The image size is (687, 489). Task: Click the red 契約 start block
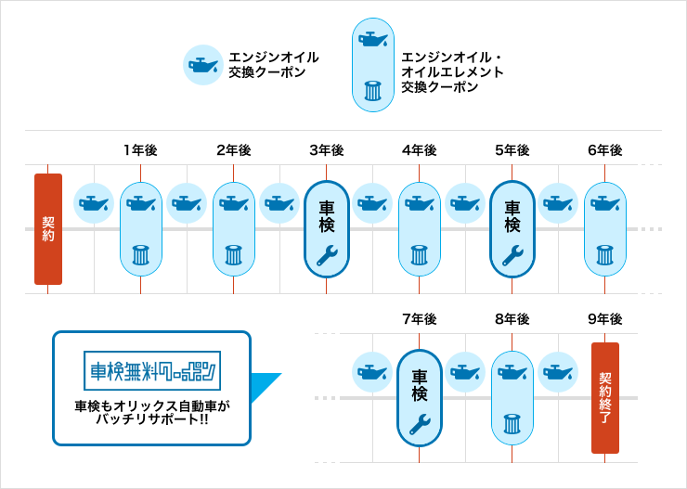48,229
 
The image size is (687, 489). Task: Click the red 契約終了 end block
605,397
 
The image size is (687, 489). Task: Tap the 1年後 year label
140,150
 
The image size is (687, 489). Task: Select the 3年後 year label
326,150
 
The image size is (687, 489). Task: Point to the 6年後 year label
604,150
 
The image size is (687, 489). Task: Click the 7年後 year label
419,319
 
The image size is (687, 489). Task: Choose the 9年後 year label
604,319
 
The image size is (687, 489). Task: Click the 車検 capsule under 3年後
327,228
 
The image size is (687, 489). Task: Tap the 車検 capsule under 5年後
512,228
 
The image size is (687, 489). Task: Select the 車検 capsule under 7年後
420,397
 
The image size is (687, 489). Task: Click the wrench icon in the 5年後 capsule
512,255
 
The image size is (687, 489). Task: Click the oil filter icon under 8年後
512,423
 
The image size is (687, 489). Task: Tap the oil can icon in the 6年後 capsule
605,203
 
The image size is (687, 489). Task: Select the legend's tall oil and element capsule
372,65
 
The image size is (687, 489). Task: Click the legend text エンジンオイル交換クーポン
273,64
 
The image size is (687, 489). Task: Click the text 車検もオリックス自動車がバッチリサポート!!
151,413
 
